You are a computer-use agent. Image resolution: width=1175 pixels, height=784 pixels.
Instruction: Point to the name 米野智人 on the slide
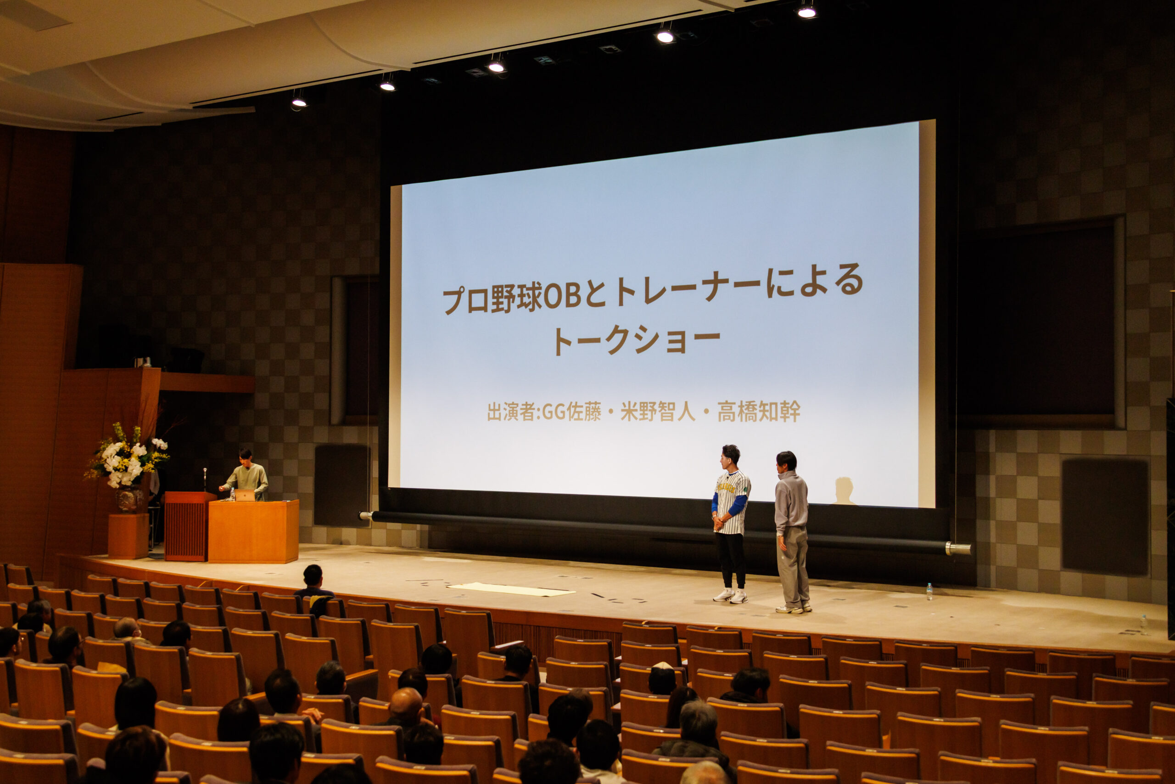pyautogui.click(x=658, y=412)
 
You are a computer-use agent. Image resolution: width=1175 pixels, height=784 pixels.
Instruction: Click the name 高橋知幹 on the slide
pyautogui.click(x=758, y=411)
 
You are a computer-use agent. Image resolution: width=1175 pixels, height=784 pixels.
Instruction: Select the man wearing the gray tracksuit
pyautogui.click(x=792, y=532)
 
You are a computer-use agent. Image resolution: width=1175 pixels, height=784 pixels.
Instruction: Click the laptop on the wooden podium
pyautogui.click(x=245, y=496)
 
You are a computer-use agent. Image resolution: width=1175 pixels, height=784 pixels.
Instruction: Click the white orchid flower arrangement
pyautogui.click(x=129, y=456)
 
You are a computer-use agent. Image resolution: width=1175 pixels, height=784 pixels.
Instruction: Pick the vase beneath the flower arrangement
pyautogui.click(x=130, y=500)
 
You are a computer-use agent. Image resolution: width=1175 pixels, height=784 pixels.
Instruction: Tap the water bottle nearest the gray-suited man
pyautogui.click(x=929, y=592)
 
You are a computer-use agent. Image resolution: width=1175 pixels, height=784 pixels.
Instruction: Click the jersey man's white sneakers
pyautogui.click(x=731, y=596)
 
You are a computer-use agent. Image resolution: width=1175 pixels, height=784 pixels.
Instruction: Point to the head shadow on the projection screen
pyautogui.click(x=844, y=491)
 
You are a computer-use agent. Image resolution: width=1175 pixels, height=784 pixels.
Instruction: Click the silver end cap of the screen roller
pyautogui.click(x=958, y=548)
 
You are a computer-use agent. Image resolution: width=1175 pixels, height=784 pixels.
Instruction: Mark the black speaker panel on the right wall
pyautogui.click(x=1105, y=517)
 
